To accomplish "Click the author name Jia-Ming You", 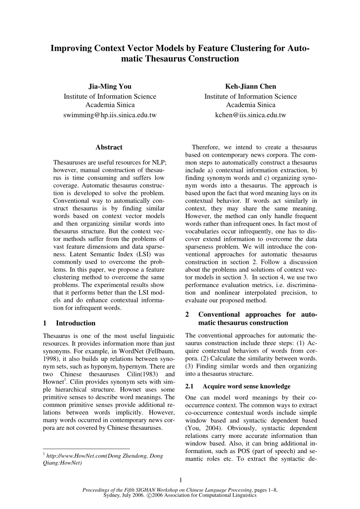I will (x=110, y=86).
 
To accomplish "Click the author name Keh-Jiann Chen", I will (x=250, y=86).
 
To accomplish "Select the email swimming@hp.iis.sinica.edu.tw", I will (x=110, y=115).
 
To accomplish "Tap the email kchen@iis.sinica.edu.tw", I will (x=250, y=115).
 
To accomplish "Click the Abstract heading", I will (x=109, y=147).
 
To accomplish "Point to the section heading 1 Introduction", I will (x=69, y=323).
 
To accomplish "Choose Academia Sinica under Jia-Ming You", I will (x=110, y=105).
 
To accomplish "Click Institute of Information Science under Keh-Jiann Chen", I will (x=250, y=96).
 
